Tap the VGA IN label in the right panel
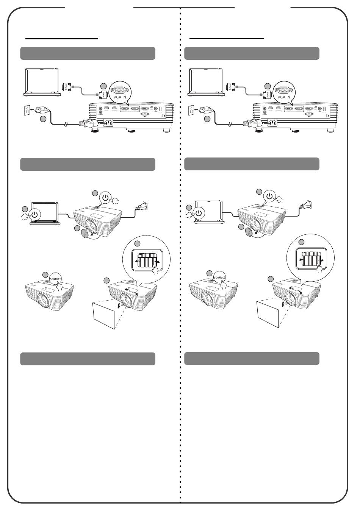[284, 97]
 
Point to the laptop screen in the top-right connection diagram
[205, 80]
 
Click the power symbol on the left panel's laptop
[34, 215]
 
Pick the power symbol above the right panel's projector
[269, 196]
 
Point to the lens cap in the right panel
[249, 232]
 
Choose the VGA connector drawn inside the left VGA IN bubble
[119, 90]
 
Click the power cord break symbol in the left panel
[66, 124]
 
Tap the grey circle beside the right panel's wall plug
[207, 119]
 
